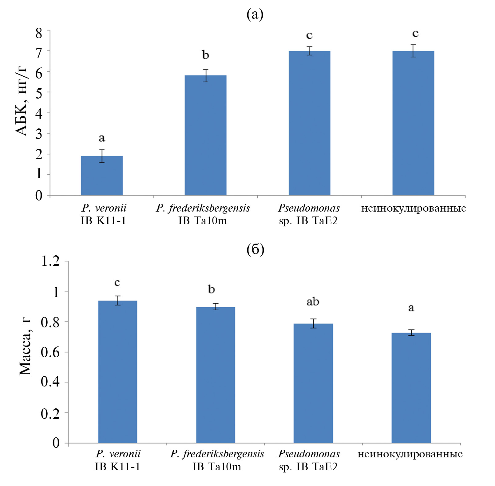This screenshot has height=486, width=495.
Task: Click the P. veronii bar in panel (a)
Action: [x=102, y=176]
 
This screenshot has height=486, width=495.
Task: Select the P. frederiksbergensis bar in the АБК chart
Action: [x=205, y=136]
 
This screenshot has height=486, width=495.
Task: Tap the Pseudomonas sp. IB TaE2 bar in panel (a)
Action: [x=309, y=123]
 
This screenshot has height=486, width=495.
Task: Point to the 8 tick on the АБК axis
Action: [x=39, y=33]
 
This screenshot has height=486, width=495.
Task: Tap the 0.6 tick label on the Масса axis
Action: [x=50, y=352]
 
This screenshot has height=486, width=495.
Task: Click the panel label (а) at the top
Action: [x=255, y=14]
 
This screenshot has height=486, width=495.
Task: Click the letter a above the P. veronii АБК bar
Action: [x=102, y=138]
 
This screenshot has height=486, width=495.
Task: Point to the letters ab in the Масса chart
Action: [x=313, y=301]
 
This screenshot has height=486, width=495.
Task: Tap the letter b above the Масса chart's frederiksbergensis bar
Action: [x=211, y=289]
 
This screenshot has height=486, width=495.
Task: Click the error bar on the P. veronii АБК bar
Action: [x=102, y=156]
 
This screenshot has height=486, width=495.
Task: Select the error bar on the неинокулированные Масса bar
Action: [x=411, y=333]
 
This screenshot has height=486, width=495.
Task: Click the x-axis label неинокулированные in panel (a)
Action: [x=414, y=209]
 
